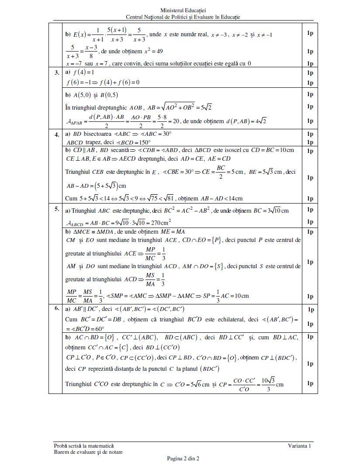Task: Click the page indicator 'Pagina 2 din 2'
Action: click(183, 459)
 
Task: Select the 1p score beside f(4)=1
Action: click(310, 72)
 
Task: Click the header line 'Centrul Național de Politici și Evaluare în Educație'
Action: click(183, 17)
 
